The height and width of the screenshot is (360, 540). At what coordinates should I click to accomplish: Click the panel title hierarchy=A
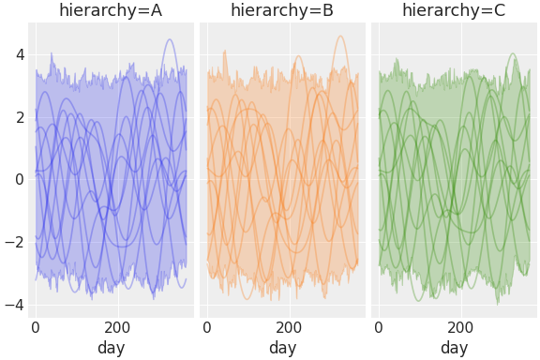coord(111,11)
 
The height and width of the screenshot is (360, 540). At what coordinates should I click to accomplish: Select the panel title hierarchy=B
coord(282,11)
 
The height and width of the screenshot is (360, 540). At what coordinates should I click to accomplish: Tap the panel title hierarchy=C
coord(454,11)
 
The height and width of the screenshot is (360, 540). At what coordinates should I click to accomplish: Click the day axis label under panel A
coord(111,348)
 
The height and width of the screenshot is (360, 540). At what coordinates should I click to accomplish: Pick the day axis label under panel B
coord(282,348)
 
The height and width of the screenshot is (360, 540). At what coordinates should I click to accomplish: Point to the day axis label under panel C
coord(454,348)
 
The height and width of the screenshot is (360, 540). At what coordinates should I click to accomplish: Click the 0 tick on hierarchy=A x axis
coord(36,327)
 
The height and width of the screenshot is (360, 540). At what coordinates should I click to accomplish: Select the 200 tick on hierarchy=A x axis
coord(118,327)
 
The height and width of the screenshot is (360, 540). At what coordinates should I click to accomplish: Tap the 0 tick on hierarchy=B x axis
coord(207,327)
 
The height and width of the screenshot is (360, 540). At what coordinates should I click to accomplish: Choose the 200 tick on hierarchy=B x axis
coord(290,327)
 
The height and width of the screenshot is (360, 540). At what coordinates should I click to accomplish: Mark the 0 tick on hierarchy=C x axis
coord(379,327)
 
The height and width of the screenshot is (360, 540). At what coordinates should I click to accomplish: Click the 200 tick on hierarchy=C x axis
coord(461,327)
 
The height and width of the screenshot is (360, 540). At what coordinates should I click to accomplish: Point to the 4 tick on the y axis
coord(18,54)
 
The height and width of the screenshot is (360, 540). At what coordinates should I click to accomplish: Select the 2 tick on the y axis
coord(18,117)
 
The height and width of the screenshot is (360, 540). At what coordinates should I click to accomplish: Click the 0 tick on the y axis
coord(18,179)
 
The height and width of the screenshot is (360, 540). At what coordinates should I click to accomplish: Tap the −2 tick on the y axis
coord(14,242)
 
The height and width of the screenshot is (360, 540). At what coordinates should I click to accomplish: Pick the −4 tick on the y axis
coord(14,305)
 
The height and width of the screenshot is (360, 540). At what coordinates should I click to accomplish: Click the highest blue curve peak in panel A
coord(169,39)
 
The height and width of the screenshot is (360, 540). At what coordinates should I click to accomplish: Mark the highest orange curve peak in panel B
coord(340,37)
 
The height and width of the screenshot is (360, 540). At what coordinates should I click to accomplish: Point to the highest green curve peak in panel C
coord(512,53)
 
